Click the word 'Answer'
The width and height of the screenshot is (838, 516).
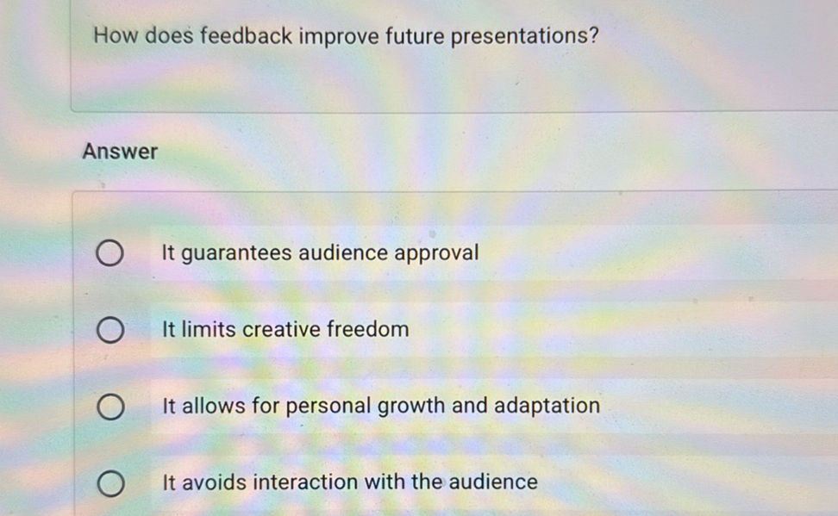coord(120,152)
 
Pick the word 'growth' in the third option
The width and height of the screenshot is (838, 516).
coord(412,406)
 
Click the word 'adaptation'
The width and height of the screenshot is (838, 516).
coord(547,406)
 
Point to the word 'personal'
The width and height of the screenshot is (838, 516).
coord(327,406)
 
